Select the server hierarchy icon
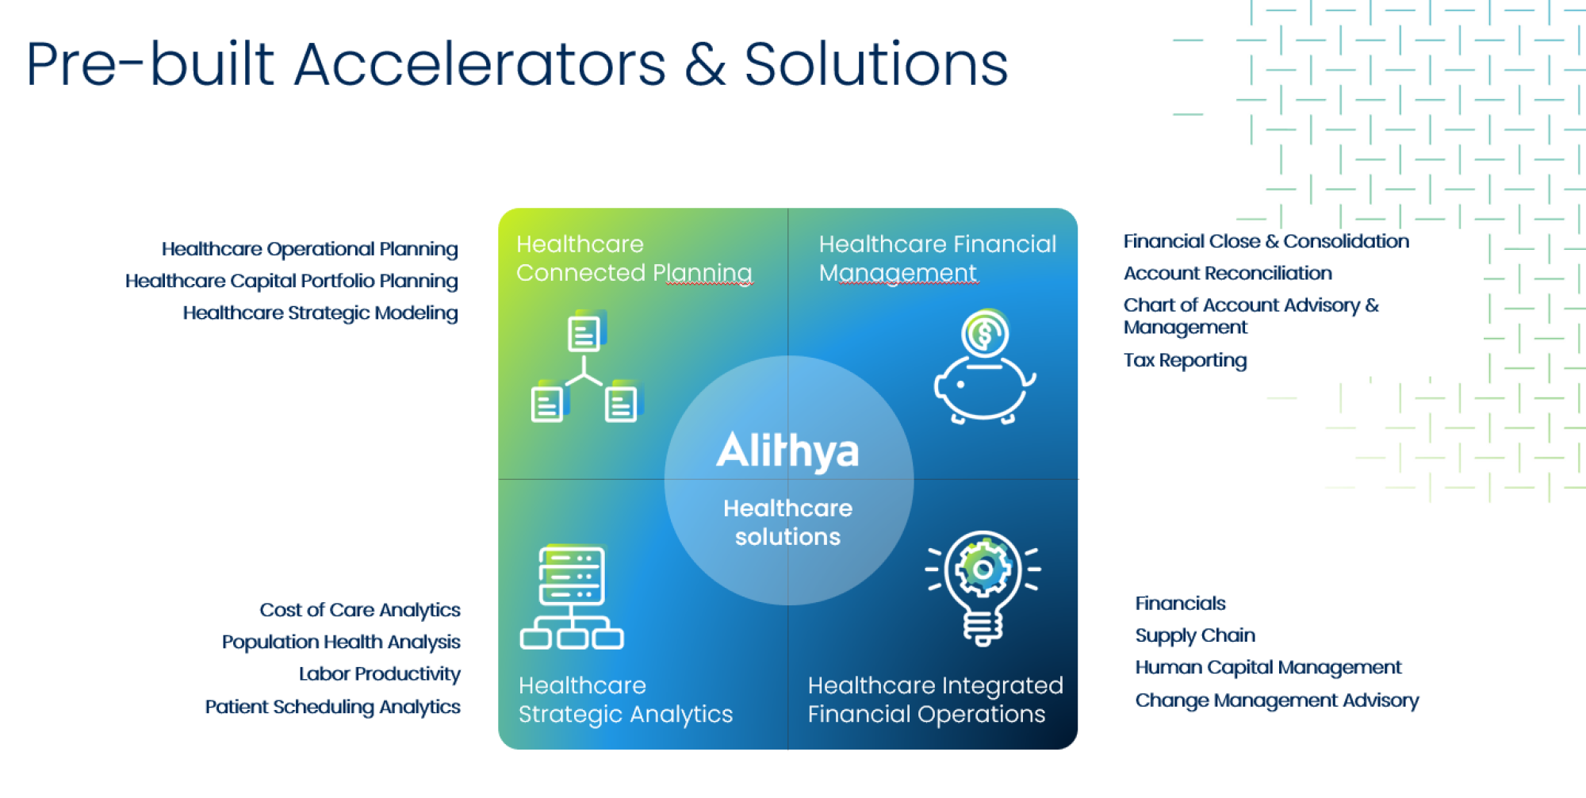point(572,597)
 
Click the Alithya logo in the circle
point(787,451)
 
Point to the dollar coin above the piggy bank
point(984,333)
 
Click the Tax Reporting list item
point(1185,361)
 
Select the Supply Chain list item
point(1195,636)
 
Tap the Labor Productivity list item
point(380,674)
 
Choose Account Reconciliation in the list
point(1228,274)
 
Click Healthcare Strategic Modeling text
point(320,313)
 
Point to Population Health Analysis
point(341,643)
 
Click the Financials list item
point(1180,604)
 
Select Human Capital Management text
point(1268,668)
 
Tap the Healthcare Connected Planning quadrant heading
point(634,259)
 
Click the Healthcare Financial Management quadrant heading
point(937,259)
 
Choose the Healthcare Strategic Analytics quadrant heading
point(626,700)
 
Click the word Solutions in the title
point(876,64)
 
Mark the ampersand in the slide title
point(705,64)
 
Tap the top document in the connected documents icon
point(585,332)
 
